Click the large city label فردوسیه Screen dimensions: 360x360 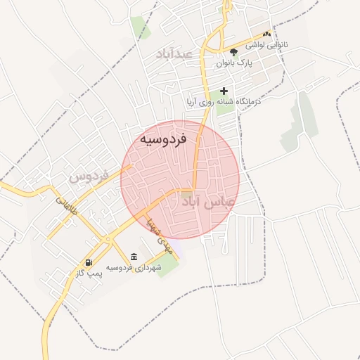(x=162, y=139)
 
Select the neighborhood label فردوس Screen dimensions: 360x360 (x=89, y=176)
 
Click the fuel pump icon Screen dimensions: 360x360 (x=89, y=262)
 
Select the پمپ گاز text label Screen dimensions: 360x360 (x=89, y=273)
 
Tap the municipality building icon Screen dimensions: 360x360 (x=134, y=257)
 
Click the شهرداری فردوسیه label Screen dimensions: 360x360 (x=134, y=268)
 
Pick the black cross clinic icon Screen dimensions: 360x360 (x=224, y=90)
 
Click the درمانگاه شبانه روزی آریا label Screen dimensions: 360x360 (x=224, y=101)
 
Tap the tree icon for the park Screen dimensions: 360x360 (x=233, y=52)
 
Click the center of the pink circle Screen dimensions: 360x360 (x=180, y=179)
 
